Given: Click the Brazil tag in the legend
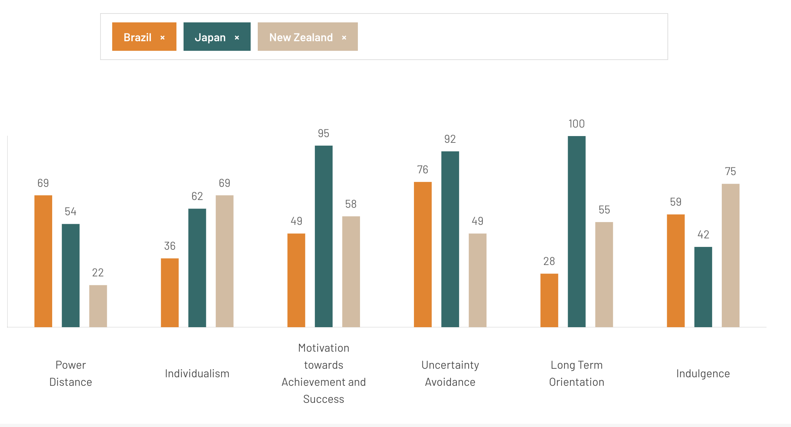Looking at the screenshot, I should click(137, 37).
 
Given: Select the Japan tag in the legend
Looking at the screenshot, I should click(210, 37).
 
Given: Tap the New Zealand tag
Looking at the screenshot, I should click(301, 37).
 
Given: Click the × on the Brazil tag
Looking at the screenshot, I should click(163, 37).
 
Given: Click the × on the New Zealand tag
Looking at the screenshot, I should click(344, 37).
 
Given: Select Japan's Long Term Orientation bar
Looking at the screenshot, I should click(577, 231).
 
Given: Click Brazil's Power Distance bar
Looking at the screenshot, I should click(43, 261).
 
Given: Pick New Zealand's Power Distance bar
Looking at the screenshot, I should click(98, 306).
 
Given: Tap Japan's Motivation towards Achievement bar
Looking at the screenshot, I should click(323, 236).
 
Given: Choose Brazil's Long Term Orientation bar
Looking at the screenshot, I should click(549, 300).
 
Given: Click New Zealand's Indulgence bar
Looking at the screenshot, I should click(730, 255).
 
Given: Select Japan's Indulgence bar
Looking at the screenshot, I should click(703, 287).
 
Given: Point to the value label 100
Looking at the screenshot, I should click(577, 124).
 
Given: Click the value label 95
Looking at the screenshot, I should click(323, 133).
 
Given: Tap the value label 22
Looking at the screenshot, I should click(98, 272).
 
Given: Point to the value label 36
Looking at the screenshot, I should click(170, 246).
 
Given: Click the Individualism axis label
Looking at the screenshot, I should click(197, 373).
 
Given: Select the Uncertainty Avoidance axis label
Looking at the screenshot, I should click(450, 373).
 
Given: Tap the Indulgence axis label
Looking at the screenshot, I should click(703, 373).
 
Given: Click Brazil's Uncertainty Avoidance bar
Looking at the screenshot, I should click(423, 254).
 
